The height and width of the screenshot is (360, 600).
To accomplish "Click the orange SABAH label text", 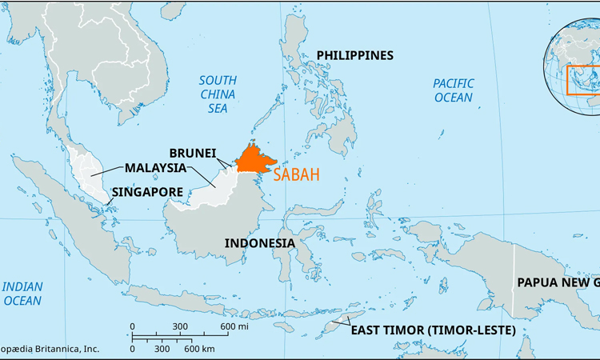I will (x=296, y=176).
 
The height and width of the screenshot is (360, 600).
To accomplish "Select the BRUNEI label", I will (x=193, y=152).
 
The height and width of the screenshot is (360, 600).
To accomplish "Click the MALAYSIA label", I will (x=155, y=168).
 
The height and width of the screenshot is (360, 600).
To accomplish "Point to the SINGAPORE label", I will (x=148, y=192).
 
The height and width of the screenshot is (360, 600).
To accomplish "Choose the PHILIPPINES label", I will (x=355, y=55).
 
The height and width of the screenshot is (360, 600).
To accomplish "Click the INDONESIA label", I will (x=259, y=242).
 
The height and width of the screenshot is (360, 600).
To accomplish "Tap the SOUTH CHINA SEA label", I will (x=218, y=94).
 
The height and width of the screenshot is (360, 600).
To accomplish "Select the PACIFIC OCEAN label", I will (x=454, y=90).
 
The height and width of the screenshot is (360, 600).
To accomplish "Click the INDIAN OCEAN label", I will (x=22, y=294).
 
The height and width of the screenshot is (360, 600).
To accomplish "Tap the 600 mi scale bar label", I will (x=235, y=326).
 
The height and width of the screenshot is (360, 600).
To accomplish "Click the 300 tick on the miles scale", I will (x=180, y=326).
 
